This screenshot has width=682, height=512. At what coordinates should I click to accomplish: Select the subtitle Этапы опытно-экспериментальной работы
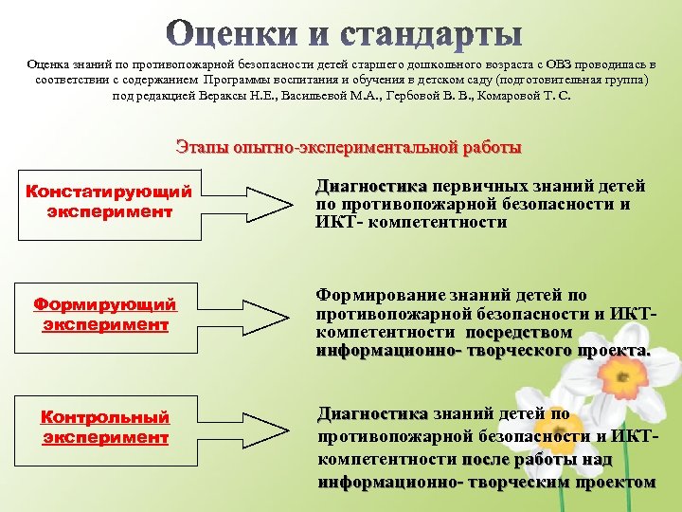[349, 147]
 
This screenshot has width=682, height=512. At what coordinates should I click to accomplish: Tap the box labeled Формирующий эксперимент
[104, 314]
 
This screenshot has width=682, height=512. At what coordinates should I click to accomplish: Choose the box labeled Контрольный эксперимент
[104, 427]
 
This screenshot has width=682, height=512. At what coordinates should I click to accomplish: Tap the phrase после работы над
[537, 459]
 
